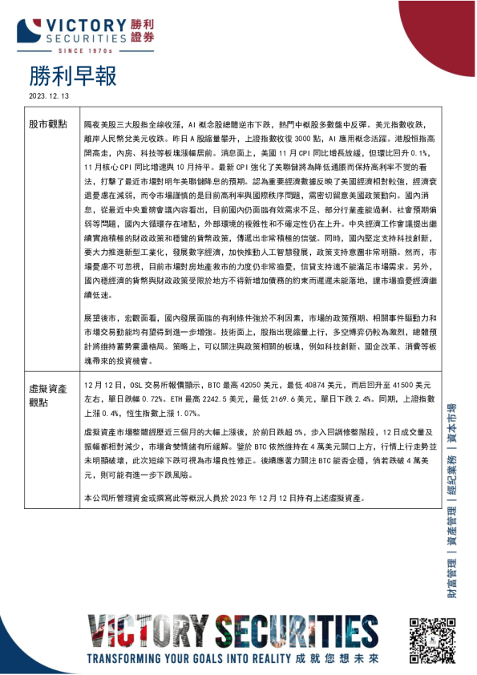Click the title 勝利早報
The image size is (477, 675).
(x=72, y=76)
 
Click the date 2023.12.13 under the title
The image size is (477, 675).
(x=50, y=95)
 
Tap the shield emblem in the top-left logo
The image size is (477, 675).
(x=30, y=28)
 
